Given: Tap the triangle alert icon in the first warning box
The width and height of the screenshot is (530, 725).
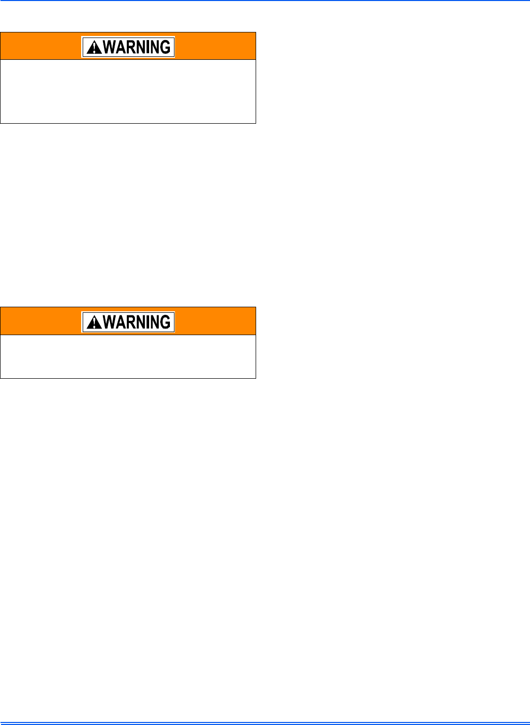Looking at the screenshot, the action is point(94,48).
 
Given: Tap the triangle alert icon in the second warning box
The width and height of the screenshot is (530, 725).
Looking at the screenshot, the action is point(94,322).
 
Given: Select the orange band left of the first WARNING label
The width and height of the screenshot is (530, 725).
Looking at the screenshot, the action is point(41,47).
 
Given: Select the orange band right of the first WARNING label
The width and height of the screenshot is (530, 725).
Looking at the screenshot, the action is point(216,47).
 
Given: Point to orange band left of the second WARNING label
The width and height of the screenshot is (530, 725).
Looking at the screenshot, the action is point(41,321).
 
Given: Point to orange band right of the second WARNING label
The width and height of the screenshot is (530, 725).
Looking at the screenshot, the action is point(216,321).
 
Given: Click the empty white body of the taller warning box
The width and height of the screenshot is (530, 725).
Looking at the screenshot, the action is point(128,91).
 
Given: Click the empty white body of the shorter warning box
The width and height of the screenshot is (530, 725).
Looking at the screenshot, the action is point(128,356).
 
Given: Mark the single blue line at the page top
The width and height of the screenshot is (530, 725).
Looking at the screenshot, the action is point(265,1).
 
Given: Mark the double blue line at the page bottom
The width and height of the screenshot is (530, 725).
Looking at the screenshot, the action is point(265,723).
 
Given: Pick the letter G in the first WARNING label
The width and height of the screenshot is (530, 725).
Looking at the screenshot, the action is point(165,47).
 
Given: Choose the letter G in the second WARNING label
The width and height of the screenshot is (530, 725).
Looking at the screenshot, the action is point(165,322).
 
